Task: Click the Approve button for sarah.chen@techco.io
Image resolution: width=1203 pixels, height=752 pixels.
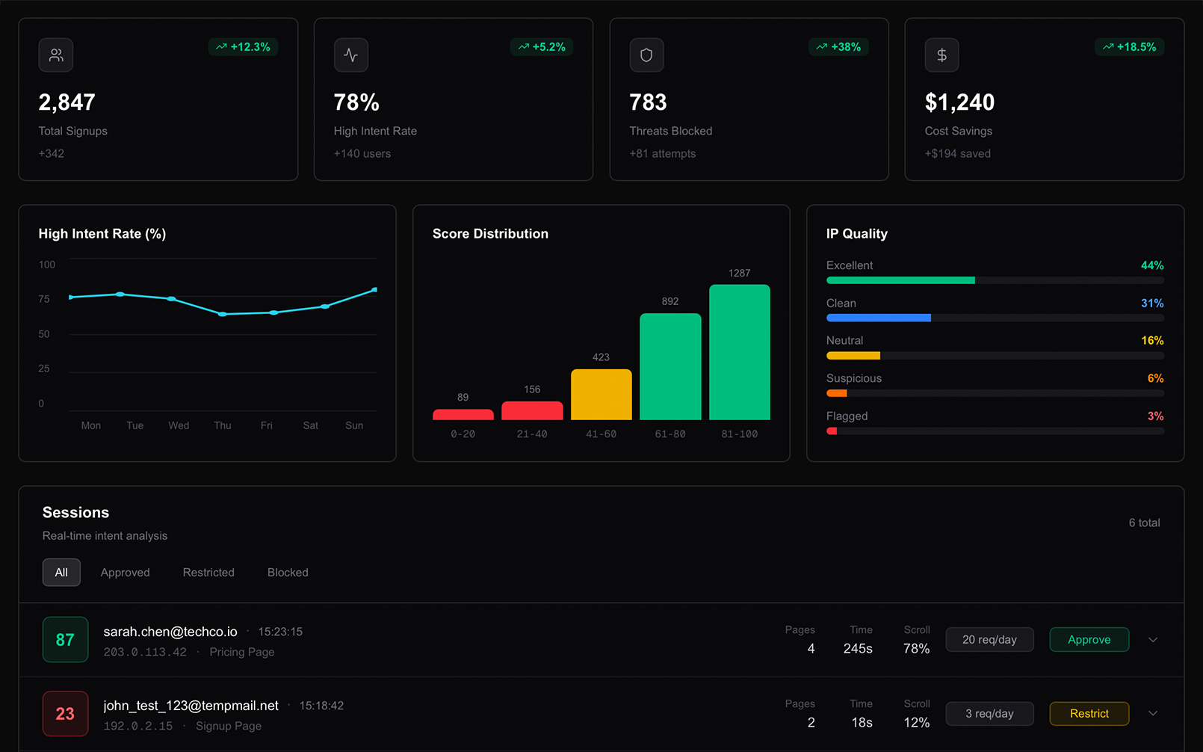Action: [x=1089, y=640]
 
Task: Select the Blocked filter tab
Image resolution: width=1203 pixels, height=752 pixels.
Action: [x=288, y=573]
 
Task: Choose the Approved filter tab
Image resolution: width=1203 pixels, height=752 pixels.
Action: [x=125, y=573]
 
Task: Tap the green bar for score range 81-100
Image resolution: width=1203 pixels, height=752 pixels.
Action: [x=739, y=352]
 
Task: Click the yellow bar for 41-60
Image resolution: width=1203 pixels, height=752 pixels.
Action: [x=601, y=395]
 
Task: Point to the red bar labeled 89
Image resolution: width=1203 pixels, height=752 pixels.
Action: [x=463, y=414]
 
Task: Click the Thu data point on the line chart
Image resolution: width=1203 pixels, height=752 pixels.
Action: [x=222, y=314]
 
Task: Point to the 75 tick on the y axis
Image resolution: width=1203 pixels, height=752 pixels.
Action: [x=44, y=299]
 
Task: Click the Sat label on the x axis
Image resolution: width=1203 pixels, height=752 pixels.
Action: [x=310, y=425]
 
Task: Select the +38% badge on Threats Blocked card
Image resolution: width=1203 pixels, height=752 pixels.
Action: [x=838, y=47]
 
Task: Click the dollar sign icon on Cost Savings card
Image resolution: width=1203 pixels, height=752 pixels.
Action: [x=941, y=55]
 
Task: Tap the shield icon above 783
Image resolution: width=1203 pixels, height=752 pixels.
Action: [x=646, y=55]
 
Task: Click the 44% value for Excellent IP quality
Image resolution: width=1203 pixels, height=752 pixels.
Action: [x=1151, y=265]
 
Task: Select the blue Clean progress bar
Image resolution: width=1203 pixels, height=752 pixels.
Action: [x=878, y=318]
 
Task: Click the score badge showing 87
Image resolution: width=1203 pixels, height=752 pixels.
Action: [x=65, y=640]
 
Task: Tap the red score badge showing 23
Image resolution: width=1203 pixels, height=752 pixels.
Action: [x=65, y=714]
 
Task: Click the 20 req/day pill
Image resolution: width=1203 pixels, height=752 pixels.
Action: [x=989, y=640]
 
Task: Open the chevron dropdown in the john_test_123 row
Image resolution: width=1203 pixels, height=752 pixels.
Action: [x=1153, y=714]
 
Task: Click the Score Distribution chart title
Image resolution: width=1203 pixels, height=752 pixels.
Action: [x=490, y=234]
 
